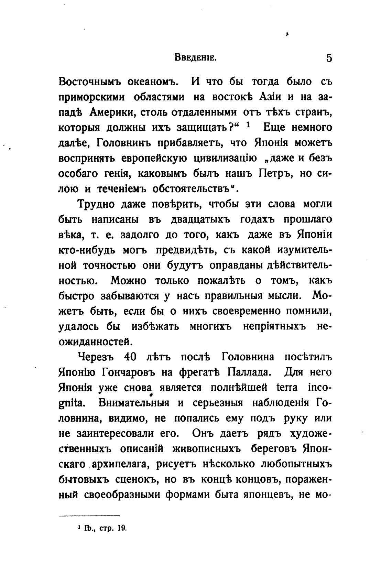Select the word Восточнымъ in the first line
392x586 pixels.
tap(88, 82)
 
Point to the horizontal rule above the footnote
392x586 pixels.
tap(89, 516)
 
